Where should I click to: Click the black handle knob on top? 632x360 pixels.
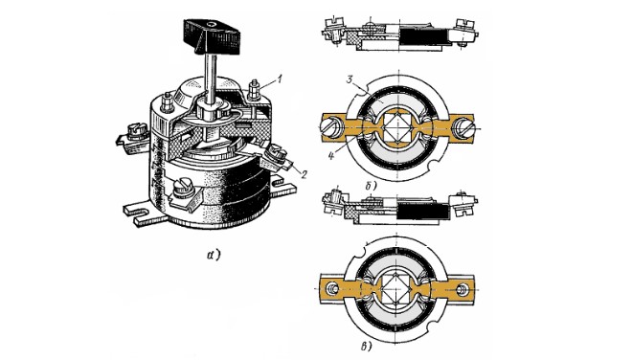pyautogui.click(x=212, y=35)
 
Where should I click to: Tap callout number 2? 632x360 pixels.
pyautogui.click(x=304, y=174)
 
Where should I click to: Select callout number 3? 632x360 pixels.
pyautogui.click(x=350, y=80)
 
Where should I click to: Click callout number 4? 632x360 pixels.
pyautogui.click(x=331, y=155)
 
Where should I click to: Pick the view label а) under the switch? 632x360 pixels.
pyautogui.click(x=214, y=255)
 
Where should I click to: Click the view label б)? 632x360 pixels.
pyautogui.click(x=371, y=186)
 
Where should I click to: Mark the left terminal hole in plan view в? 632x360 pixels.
pyautogui.click(x=331, y=288)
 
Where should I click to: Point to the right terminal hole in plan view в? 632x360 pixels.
pyautogui.click(x=463, y=288)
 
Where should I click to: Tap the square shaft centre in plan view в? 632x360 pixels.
pyautogui.click(x=397, y=288)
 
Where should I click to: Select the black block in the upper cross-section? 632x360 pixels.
pyautogui.click(x=422, y=35)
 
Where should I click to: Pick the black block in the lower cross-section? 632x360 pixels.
pyautogui.click(x=423, y=211)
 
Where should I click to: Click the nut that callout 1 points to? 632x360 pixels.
pyautogui.click(x=254, y=90)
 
